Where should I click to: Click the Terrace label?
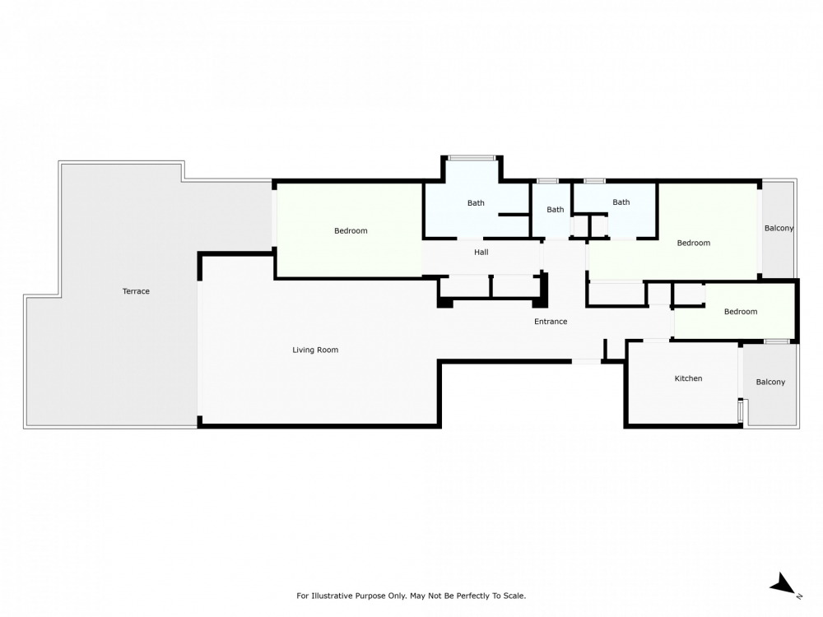136,291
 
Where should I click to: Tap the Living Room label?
315,350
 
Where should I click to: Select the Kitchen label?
688,378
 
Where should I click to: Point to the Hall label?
481,253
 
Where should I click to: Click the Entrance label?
551,322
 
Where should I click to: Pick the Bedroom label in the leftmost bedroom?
351,231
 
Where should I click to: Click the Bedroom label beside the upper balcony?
693,243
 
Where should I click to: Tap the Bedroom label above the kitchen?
741,312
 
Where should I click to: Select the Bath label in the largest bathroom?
476,203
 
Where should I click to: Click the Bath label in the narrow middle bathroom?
556,210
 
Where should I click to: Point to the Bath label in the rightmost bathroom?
621,202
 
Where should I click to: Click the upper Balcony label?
779,228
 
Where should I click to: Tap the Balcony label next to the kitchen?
770,382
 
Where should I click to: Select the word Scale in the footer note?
514,596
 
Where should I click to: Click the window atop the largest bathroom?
472,157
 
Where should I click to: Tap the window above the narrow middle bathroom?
547,181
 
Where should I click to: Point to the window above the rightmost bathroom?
594,181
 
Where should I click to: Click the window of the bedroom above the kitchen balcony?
777,341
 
